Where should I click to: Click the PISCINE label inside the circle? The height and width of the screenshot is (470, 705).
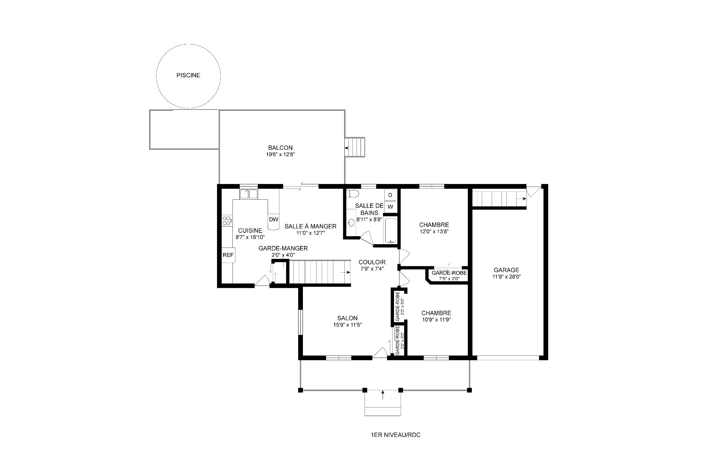click(x=188, y=75)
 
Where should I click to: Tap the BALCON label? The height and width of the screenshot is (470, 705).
click(x=280, y=148)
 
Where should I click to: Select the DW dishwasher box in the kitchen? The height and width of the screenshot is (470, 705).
click(x=274, y=219)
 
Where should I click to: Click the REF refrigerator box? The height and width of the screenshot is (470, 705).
click(x=228, y=255)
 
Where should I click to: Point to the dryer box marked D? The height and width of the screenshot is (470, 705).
click(x=390, y=195)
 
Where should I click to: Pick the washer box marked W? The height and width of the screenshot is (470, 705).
click(x=390, y=207)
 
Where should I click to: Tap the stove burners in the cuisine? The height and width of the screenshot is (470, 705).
click(x=227, y=221)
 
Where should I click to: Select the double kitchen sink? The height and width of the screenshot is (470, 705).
click(x=249, y=194)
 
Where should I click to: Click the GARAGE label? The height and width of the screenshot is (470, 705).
click(x=506, y=270)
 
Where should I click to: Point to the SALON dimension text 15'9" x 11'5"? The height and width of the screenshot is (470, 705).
click(x=347, y=325)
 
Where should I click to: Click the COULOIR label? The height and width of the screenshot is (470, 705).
click(x=372, y=262)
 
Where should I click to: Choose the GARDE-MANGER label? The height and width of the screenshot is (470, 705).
click(x=283, y=248)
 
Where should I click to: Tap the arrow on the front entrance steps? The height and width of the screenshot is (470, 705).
click(x=383, y=395)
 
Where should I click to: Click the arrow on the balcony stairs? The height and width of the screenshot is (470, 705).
click(x=347, y=148)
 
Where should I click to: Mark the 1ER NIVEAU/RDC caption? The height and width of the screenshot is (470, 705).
click(x=396, y=435)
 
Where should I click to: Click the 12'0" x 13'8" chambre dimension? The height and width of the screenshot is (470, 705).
click(x=434, y=232)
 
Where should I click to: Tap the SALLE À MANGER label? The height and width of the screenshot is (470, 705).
click(x=310, y=226)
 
